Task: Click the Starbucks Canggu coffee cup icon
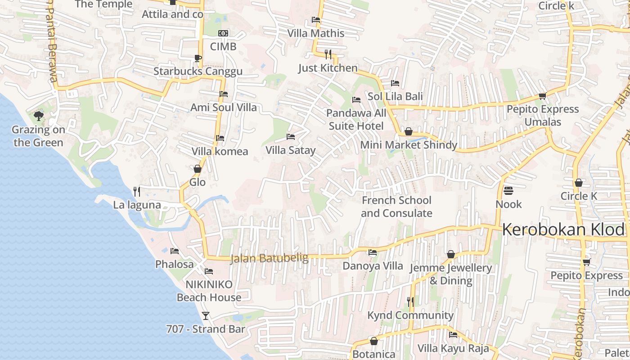click(198, 58)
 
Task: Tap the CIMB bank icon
click(223, 33)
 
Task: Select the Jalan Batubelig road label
click(269, 258)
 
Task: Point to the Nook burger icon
click(508, 191)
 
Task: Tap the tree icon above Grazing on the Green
click(39, 116)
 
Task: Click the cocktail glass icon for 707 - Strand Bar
click(206, 315)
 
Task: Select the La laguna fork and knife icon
click(137, 191)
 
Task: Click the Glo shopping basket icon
click(197, 169)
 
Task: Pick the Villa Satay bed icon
click(291, 136)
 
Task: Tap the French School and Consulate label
click(396, 207)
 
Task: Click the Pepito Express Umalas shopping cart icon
click(542, 96)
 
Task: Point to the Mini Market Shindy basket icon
click(409, 131)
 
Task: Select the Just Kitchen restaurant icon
click(328, 54)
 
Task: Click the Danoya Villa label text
click(373, 266)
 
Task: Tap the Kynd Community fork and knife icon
click(410, 301)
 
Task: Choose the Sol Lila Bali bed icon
click(395, 83)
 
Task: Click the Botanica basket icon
click(373, 341)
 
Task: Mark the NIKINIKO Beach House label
click(209, 291)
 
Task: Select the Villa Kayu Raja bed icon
click(453, 335)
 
